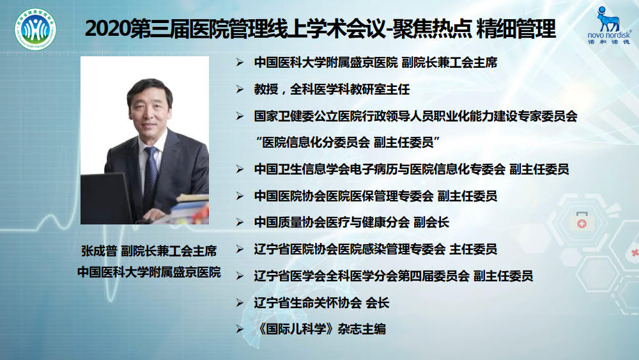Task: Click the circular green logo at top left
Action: click(35, 29)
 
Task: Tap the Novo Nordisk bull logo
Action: click(608, 19)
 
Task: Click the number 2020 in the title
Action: click(107, 29)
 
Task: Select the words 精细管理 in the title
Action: click(516, 29)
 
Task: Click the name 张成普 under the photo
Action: click(99, 251)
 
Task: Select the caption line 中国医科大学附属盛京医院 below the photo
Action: click(149, 272)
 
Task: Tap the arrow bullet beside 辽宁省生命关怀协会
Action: click(240, 303)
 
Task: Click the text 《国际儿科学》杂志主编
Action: click(319, 329)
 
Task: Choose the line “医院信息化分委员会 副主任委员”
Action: click(347, 143)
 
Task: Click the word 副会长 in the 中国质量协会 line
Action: click(431, 222)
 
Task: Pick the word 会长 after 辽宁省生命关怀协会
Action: click(378, 303)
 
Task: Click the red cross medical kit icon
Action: click(581, 221)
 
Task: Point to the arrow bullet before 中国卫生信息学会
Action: click(240, 169)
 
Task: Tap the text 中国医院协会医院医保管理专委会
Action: click(344, 196)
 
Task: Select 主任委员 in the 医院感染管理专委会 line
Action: click(473, 249)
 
